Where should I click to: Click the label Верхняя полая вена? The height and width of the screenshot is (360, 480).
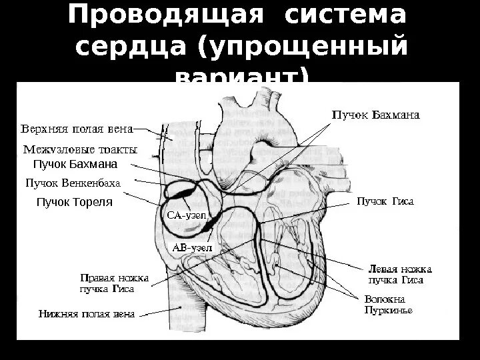click(77, 128)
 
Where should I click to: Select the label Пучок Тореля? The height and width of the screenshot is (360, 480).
click(74, 201)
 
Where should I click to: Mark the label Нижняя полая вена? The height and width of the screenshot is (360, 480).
click(86, 313)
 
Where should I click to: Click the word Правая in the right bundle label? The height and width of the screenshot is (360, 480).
click(95, 277)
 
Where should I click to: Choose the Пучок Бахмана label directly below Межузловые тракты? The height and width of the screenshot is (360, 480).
click(75, 165)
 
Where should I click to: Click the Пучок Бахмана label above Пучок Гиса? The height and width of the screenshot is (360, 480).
click(375, 115)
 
